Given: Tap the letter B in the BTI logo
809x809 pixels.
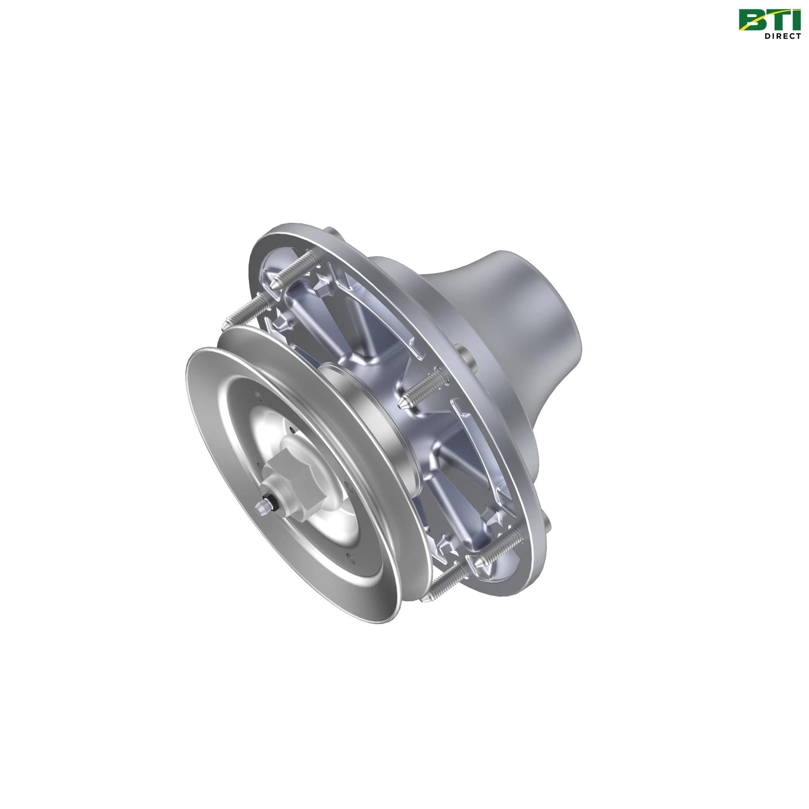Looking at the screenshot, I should pyautogui.click(x=754, y=20).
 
